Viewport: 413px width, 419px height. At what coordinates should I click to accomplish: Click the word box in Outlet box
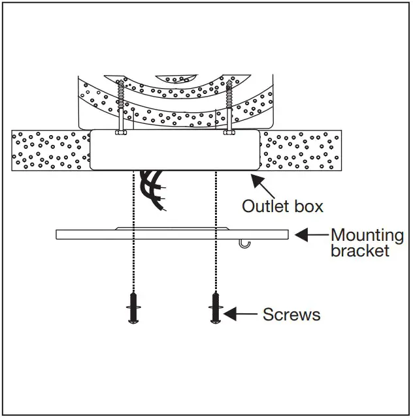[308, 206]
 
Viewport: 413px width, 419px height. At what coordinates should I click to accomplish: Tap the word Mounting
[367, 235]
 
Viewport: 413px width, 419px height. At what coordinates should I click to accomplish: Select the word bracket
[359, 250]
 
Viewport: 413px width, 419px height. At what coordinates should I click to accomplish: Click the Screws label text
[291, 315]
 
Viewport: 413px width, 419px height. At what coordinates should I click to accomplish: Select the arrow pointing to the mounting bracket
[310, 234]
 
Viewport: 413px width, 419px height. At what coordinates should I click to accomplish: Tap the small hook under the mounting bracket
[244, 243]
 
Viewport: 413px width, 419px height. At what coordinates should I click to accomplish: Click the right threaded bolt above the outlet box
[229, 104]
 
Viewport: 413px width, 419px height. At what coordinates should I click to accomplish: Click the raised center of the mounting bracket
[172, 229]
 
